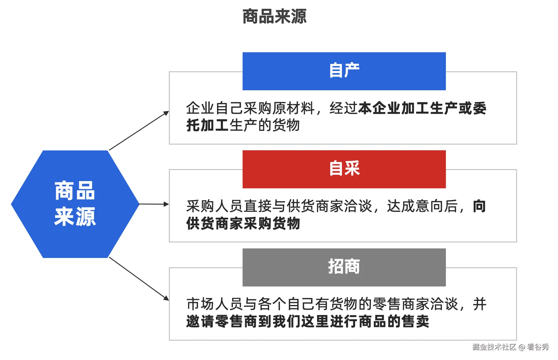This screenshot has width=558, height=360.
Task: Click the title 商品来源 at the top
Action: (274, 16)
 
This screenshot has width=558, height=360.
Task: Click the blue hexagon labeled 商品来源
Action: (75, 204)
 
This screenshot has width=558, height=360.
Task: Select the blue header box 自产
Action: (344, 71)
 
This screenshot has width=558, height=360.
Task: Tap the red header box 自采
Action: (344, 169)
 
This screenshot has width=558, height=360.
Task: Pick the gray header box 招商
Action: (344, 267)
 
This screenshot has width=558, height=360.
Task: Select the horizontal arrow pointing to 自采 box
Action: (154, 204)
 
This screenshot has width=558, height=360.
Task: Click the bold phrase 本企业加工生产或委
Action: (422, 108)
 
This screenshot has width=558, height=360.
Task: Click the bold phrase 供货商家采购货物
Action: (243, 224)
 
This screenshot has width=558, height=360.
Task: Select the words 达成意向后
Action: (422, 206)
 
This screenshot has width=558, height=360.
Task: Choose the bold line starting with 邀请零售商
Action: (308, 321)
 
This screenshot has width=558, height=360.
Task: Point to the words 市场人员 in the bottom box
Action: (215, 304)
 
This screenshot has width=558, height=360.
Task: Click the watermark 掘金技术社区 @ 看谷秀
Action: (510, 347)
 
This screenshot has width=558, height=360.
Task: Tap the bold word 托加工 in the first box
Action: (207, 126)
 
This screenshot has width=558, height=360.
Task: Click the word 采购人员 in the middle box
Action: (215, 206)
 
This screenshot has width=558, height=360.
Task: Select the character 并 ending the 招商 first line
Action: (479, 304)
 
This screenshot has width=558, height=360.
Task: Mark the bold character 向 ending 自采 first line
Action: (479, 206)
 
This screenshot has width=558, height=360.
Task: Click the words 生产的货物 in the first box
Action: (265, 126)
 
